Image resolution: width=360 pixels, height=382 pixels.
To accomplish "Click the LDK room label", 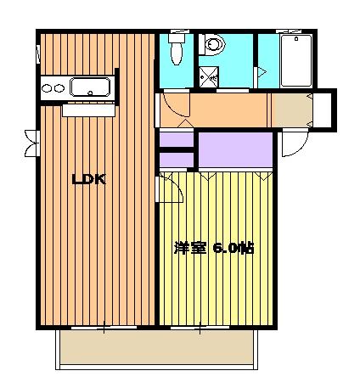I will click(88, 179).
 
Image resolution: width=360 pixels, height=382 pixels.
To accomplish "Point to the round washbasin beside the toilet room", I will click(212, 45).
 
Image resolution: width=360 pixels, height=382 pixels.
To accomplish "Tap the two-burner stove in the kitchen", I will click(52, 87).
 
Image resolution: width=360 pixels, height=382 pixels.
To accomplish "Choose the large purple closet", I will click(235, 150).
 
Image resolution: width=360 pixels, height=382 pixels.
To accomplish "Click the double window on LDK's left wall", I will click(33, 143).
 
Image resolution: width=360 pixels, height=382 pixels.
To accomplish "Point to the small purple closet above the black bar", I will click(177, 139).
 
